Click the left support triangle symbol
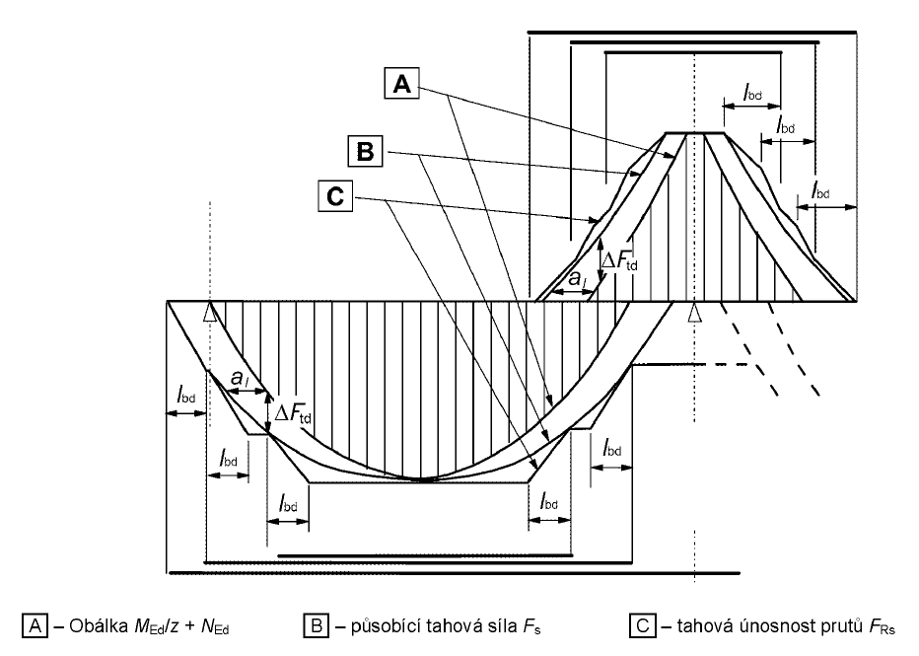coord(209,313)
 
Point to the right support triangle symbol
coord(695,313)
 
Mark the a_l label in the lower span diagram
coord(239,378)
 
